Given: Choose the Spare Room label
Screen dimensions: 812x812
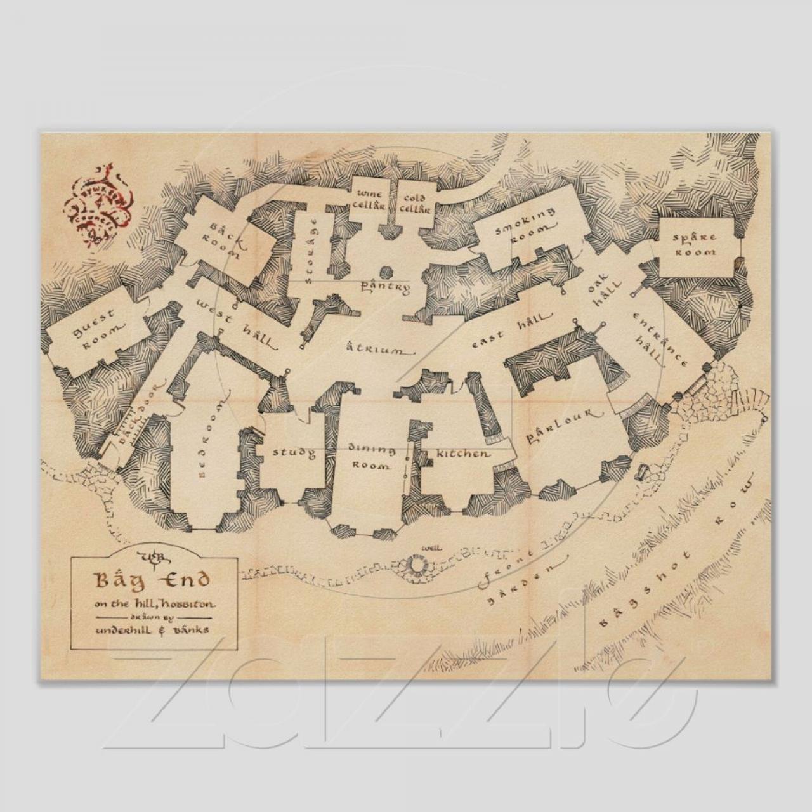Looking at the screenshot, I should coord(695,244).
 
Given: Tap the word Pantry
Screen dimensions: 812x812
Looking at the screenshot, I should coord(386,287).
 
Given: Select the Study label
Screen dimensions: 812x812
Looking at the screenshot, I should coord(294,453).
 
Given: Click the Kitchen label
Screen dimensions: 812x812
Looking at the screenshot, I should coord(463,454).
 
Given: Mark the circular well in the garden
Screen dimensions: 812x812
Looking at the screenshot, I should coord(418,563).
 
